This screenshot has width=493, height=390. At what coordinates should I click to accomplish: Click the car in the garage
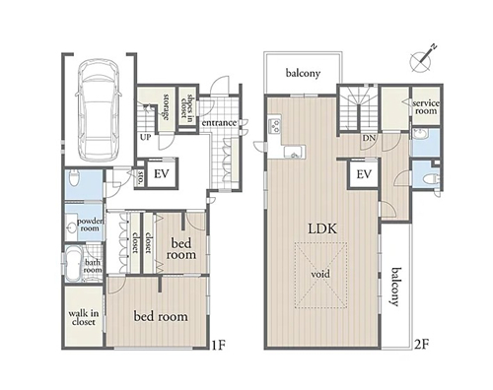pyautogui.click(x=99, y=110)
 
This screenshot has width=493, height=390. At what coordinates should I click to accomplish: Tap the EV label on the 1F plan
pyautogui.click(x=162, y=173)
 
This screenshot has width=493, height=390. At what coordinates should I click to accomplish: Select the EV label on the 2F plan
pyautogui.click(x=364, y=174)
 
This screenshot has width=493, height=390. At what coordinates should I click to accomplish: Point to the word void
pyautogui.click(x=320, y=274)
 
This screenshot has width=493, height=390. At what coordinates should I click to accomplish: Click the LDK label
pyautogui.click(x=322, y=228)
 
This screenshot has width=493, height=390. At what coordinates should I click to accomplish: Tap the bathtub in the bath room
pyautogui.click(x=73, y=264)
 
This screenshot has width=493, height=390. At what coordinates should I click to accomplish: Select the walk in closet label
pyautogui.click(x=83, y=317)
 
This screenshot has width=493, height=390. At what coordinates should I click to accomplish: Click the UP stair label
pyautogui.click(x=146, y=137)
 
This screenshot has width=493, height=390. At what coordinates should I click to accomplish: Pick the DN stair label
pyautogui.click(x=369, y=138)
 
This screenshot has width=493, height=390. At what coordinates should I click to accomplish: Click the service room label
pyautogui.click(x=426, y=107)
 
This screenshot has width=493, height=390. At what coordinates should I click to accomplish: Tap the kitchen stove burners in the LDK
pyautogui.click(x=274, y=125)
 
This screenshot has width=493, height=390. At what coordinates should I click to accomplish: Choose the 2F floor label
pyautogui.click(x=422, y=344)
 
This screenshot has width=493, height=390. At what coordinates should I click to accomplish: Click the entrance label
pyautogui.click(x=219, y=123)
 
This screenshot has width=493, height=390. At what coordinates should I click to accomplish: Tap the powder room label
pyautogui.click(x=90, y=225)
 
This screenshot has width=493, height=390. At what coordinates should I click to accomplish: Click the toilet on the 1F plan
pyautogui.click(x=74, y=178)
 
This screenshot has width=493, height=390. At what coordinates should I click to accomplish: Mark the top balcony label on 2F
pyautogui.click(x=303, y=73)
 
